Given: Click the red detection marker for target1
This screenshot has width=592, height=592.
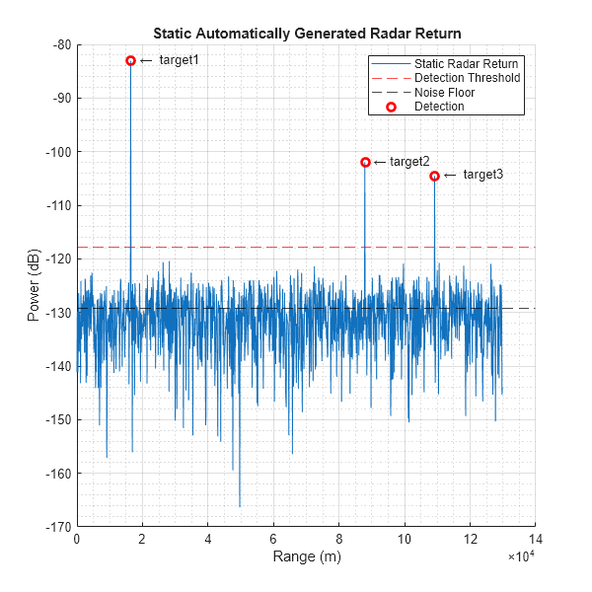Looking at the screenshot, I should (x=130, y=60).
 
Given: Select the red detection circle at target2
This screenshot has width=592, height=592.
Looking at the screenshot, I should (x=365, y=162).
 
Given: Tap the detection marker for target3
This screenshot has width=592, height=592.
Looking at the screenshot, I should (x=434, y=176).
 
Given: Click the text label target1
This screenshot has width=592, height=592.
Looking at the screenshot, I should (x=179, y=60).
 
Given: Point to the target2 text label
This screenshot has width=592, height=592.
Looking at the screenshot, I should (x=409, y=162).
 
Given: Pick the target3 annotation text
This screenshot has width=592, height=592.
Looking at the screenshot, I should (x=482, y=175).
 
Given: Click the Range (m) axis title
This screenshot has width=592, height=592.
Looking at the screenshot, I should (x=306, y=557).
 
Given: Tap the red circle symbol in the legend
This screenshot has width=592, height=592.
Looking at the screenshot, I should (x=391, y=107).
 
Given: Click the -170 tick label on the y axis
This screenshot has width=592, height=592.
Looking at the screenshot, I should (x=54, y=527).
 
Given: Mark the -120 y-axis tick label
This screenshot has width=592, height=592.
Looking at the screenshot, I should (x=54, y=259).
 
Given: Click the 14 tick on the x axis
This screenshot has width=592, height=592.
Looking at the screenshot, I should (x=535, y=540).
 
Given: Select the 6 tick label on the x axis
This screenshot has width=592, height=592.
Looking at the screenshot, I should (x=273, y=540).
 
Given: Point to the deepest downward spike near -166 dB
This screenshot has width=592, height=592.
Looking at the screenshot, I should (x=240, y=505).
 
